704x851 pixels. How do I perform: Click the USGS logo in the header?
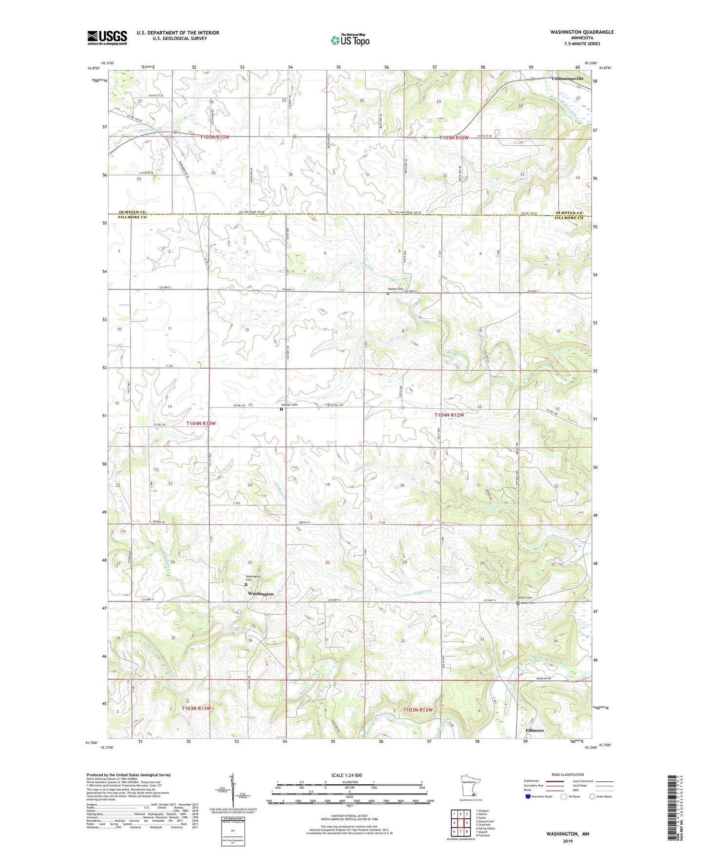107,37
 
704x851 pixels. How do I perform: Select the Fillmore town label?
534,731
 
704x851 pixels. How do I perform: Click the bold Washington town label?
261,594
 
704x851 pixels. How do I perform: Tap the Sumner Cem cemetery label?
289,405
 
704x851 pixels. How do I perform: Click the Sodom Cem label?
395,289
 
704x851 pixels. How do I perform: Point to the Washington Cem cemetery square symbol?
246,584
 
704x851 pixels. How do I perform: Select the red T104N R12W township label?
449,415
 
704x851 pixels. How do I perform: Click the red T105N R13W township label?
214,137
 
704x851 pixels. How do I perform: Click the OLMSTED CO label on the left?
132,213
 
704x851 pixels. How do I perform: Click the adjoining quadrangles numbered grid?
460,825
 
